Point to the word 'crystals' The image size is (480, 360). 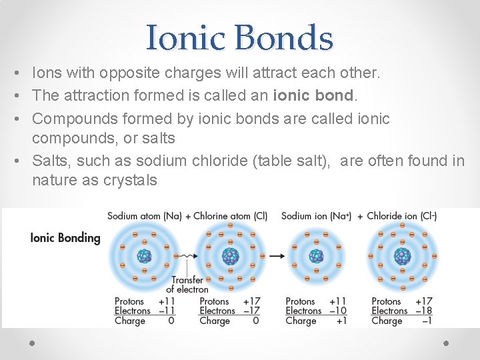coord(130,179)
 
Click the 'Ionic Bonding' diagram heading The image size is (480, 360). coord(65,238)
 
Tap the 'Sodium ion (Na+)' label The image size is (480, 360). coord(316,216)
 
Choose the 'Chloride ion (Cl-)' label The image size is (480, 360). coord(402,216)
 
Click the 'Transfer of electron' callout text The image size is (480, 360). coord(187,285)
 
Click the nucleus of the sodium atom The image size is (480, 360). coord(144,256)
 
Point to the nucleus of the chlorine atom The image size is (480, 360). coord(230,256)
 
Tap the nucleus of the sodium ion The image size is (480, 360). coord(316,256)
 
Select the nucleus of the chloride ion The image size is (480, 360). coord(402,256)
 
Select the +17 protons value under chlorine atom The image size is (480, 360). coord(251,301)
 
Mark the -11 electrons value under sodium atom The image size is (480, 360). coord(166,311)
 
